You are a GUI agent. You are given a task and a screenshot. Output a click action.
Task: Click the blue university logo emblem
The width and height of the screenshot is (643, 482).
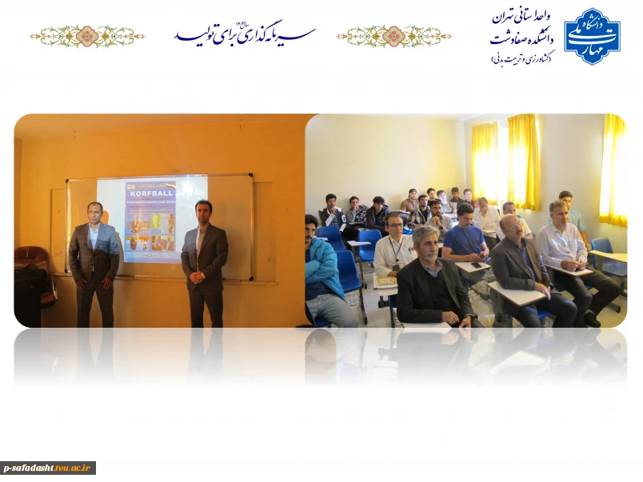(x=592, y=36)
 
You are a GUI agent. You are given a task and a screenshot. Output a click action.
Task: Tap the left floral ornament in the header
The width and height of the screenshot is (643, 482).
(x=87, y=36)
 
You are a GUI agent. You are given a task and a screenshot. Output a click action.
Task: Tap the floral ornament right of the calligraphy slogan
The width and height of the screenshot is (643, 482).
(x=393, y=36)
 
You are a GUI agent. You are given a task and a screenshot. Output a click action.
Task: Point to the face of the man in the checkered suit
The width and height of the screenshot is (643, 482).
(x=94, y=213)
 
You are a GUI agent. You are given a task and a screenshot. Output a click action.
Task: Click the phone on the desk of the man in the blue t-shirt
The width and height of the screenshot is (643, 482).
(x=477, y=265)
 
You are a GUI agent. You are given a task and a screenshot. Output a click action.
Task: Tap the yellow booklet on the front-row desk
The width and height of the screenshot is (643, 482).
(x=387, y=281)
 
